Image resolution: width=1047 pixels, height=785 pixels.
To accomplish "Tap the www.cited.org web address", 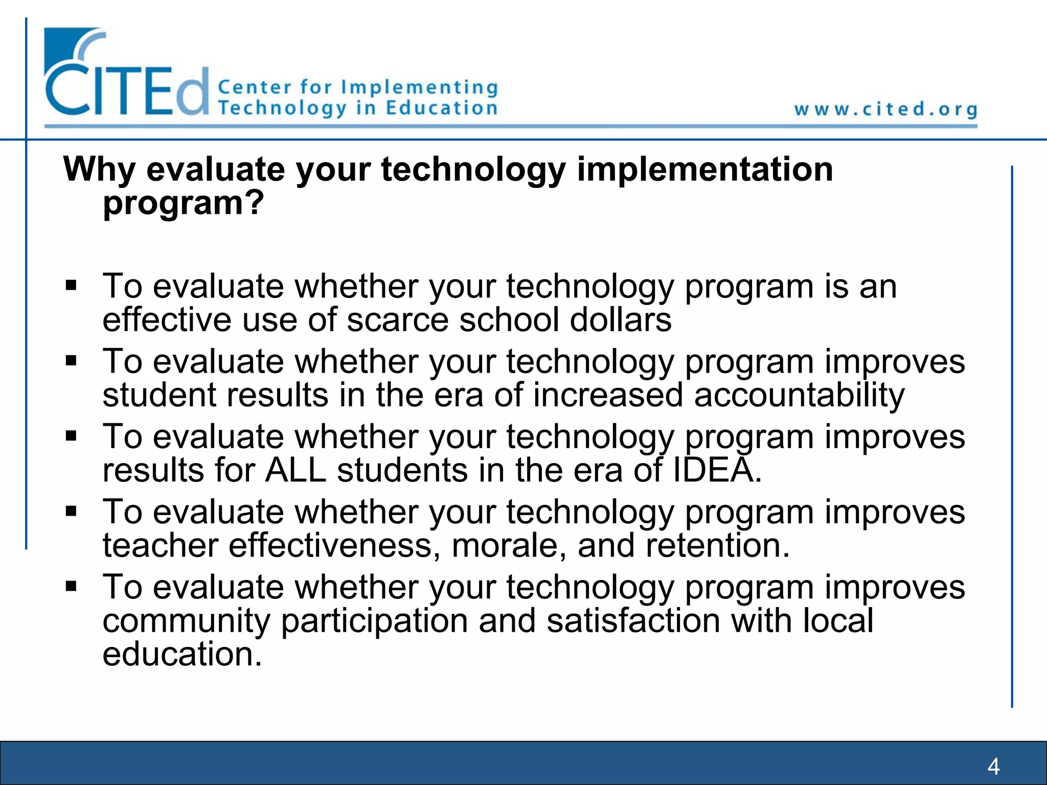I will click(x=885, y=109).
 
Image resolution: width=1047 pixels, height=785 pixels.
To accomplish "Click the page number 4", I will click(x=993, y=766).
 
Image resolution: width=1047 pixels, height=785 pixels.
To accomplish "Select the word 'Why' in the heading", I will click(x=100, y=170).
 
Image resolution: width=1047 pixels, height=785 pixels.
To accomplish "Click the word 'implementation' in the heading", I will click(x=705, y=170).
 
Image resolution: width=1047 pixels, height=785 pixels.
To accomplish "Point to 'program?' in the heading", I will click(x=184, y=203).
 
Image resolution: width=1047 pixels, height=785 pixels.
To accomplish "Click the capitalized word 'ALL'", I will click(x=295, y=470).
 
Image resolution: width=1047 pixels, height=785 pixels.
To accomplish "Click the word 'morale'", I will click(x=509, y=545).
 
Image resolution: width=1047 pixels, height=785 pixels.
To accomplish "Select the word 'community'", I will click(x=186, y=621).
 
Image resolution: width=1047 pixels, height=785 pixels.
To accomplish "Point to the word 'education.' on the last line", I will click(x=182, y=654).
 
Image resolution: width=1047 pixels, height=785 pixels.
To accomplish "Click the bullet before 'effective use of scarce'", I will click(x=71, y=285).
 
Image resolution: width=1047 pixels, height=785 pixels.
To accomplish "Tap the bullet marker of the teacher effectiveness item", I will click(x=71, y=511).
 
